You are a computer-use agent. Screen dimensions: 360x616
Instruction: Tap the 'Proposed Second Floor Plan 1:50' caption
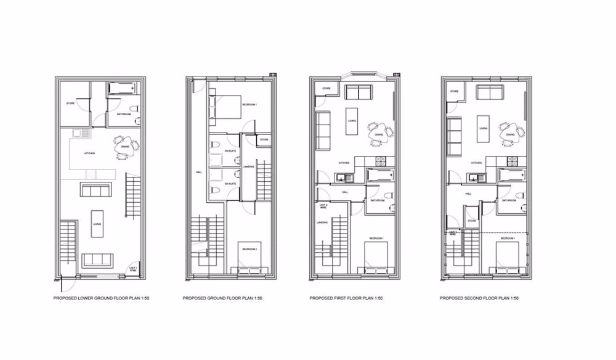click(479, 298)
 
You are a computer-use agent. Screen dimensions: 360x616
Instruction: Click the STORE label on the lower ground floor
click(71, 104)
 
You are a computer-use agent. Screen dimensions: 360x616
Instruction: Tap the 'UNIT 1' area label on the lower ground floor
click(132, 269)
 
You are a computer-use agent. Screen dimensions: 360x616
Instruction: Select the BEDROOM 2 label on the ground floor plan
click(249, 249)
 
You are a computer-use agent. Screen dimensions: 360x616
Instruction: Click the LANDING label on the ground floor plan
click(249, 166)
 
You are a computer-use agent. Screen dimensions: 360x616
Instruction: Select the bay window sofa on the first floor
click(358, 92)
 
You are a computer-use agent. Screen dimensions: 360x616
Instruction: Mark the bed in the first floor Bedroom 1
click(376, 256)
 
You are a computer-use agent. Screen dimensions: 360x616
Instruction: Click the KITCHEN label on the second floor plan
click(476, 163)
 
